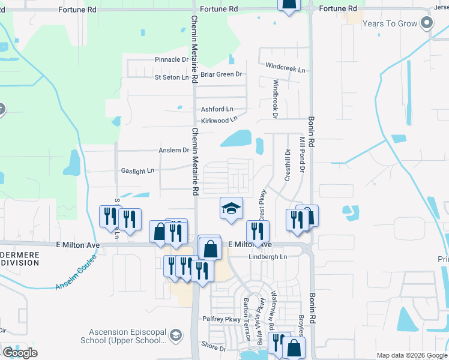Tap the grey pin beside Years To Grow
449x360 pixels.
[427, 23]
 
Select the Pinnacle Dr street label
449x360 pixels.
[172, 59]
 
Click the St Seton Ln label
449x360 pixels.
[172, 77]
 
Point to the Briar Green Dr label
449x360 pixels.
[221, 74]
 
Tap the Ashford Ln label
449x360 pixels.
[217, 109]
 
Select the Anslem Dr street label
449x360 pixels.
[173, 150]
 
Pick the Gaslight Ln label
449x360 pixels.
[137, 171]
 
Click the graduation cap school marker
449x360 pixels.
[231, 209]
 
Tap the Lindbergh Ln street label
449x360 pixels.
[268, 257]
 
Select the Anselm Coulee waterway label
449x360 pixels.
[77, 275]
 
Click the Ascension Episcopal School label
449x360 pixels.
[126, 336]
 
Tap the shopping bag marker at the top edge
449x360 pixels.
[289, 6]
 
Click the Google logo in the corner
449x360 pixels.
[20, 353]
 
